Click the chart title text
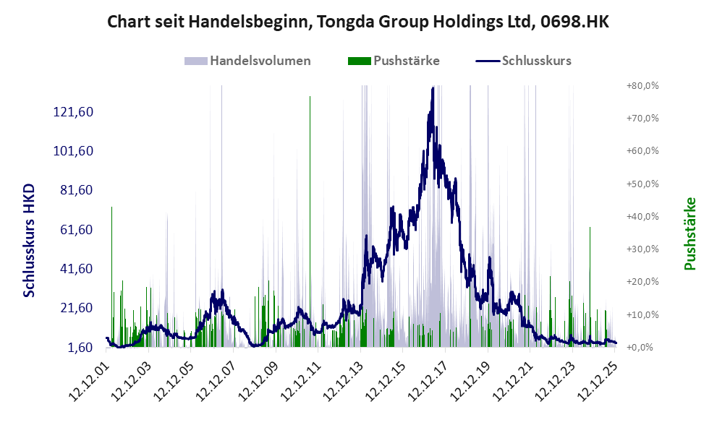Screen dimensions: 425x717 point(358,22)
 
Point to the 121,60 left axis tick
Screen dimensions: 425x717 point(75,112)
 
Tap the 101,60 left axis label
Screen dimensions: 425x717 point(75,151)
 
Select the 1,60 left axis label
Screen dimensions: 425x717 point(81,348)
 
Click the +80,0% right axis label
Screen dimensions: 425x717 point(641,86)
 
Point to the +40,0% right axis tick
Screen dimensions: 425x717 point(641,217)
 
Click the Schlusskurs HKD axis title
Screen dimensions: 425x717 point(30,240)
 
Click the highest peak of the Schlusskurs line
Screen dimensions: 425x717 point(432,88)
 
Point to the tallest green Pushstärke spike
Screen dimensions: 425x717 point(310,97)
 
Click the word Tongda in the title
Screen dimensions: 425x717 point(343,22)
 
